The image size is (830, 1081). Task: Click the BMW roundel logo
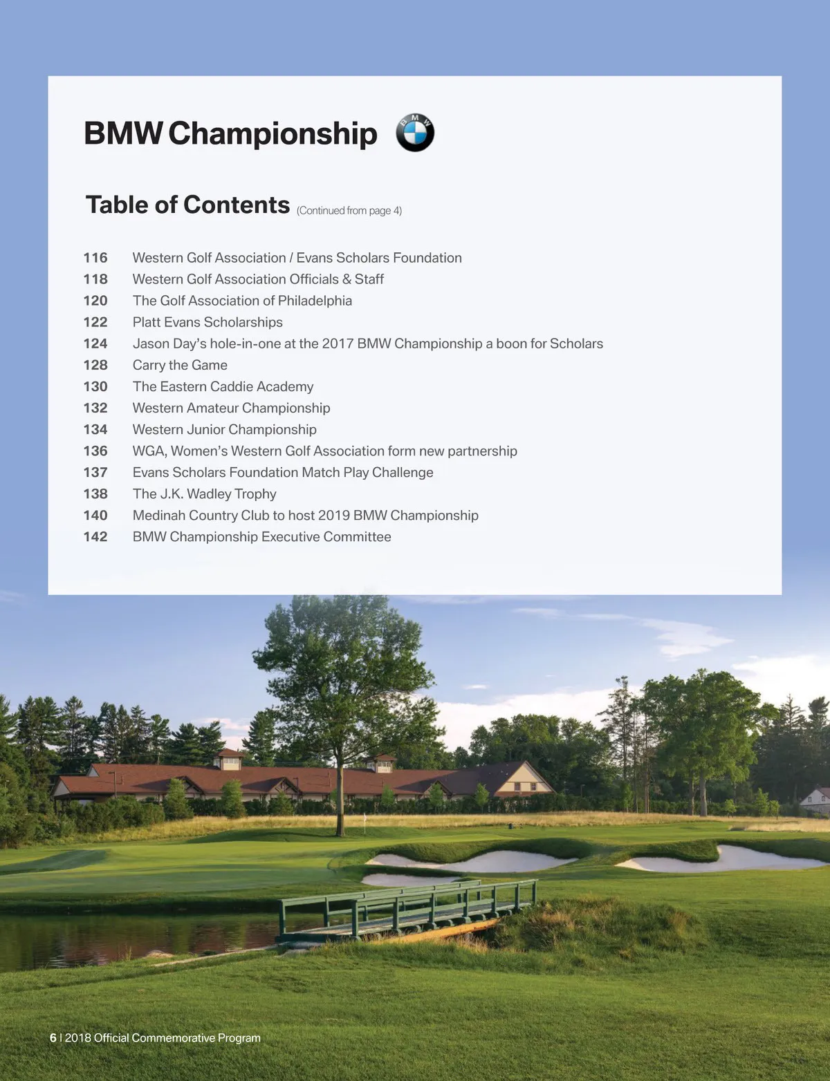pyautogui.click(x=415, y=133)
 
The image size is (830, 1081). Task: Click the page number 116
pyautogui.click(x=95, y=258)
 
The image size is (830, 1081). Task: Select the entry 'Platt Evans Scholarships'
pyautogui.click(x=207, y=322)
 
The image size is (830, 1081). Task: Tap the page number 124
pyautogui.click(x=95, y=344)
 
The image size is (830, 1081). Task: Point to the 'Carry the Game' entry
pyautogui.click(x=180, y=365)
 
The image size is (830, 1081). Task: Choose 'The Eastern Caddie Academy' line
pyautogui.click(x=223, y=386)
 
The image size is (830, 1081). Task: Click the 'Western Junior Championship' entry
pyautogui.click(x=224, y=429)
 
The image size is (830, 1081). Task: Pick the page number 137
pyautogui.click(x=95, y=472)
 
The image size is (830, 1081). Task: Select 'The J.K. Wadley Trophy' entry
pyautogui.click(x=204, y=493)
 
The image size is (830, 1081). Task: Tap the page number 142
pyautogui.click(x=95, y=536)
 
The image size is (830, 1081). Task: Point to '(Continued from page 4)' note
pyautogui.click(x=349, y=210)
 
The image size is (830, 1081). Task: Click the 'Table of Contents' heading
pyautogui.click(x=187, y=205)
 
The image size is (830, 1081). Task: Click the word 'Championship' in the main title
pyautogui.click(x=273, y=133)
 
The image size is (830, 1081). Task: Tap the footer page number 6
pyautogui.click(x=53, y=1037)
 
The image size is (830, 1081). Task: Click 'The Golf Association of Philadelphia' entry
pyautogui.click(x=242, y=301)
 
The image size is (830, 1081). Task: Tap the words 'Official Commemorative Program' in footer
pyautogui.click(x=177, y=1037)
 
